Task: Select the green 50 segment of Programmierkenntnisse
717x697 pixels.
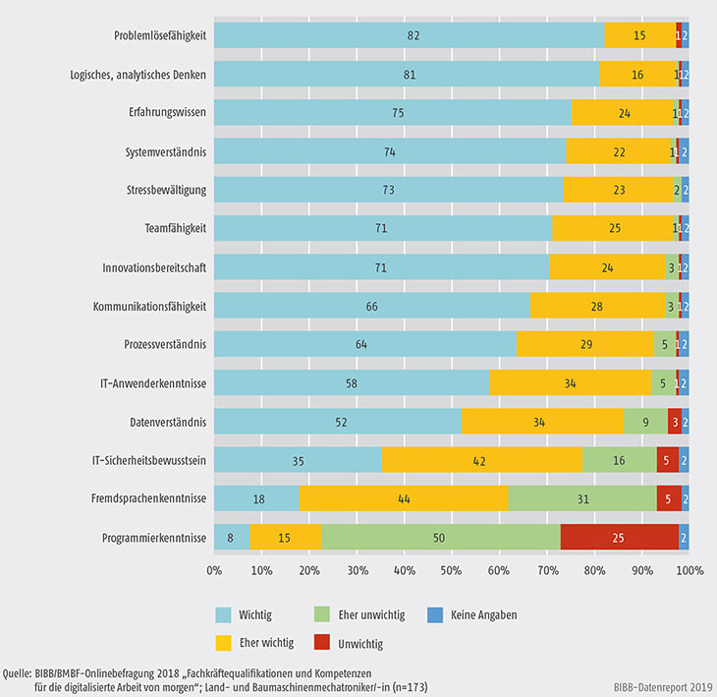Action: coord(441,537)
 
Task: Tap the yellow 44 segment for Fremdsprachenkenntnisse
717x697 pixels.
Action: coord(404,498)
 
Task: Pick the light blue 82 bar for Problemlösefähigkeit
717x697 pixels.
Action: coord(409,35)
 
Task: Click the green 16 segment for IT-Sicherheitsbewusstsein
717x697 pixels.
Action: coord(620,460)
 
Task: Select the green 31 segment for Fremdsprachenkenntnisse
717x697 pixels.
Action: coord(582,498)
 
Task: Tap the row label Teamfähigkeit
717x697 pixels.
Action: coord(174,228)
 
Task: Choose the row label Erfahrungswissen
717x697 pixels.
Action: coord(168,112)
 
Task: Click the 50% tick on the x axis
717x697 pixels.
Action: coord(451,570)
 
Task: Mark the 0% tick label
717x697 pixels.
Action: coord(214,570)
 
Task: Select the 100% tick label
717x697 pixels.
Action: coord(689,570)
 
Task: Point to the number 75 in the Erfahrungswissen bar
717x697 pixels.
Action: coord(392,112)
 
